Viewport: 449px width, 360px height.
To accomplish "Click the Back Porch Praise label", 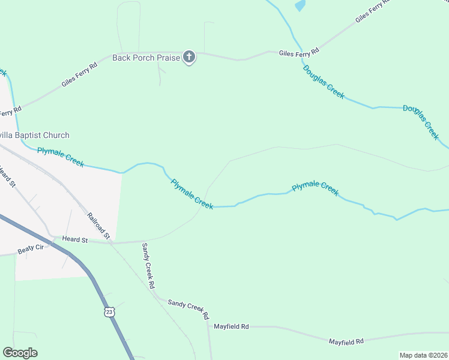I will coord(146,58).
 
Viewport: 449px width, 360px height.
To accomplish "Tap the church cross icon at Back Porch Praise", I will coord(189,58).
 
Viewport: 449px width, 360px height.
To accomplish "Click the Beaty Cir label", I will coord(31,248).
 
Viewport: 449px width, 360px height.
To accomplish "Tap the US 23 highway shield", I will coord(109,311).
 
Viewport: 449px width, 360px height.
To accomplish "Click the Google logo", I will coord(20,353).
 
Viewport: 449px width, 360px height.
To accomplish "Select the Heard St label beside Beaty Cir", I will coord(76,240).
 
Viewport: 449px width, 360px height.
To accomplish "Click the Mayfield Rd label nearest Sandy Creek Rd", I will coord(231,326).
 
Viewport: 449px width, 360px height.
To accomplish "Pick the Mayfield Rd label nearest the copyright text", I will coord(346,341).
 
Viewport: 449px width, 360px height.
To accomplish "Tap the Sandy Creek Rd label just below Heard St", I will coord(148,265).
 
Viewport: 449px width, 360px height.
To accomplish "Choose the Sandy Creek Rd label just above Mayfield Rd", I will coord(188,308).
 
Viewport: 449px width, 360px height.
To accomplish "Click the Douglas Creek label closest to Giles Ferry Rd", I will coord(324,82).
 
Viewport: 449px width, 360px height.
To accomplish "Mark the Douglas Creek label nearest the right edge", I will coord(421,122).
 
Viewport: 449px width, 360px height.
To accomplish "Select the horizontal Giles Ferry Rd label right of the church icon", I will coord(299,53).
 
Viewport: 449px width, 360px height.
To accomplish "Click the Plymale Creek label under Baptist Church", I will coord(61,157).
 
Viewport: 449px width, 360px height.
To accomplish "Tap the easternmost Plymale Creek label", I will coord(315,188).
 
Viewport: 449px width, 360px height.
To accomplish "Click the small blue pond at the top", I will coord(300,6).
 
